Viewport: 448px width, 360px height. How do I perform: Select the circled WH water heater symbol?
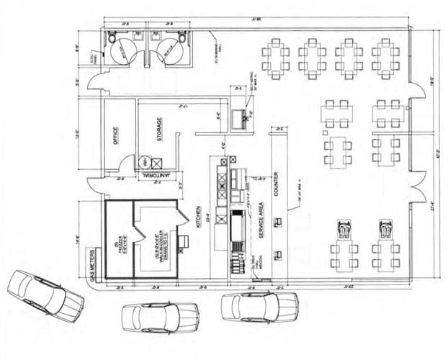pos(145,161)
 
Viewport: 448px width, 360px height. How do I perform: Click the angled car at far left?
pos(45,295)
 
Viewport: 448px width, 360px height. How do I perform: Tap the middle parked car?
pos(160,316)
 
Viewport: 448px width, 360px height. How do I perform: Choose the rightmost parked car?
pos(260,306)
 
